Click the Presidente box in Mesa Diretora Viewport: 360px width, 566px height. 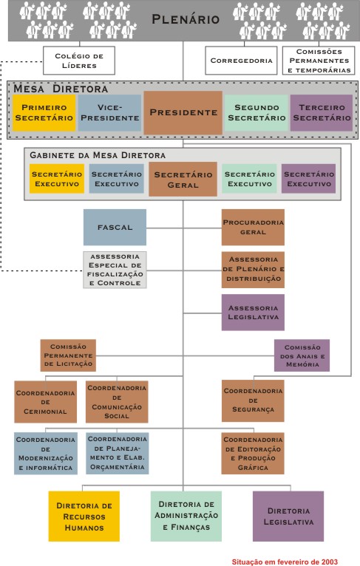point(183,112)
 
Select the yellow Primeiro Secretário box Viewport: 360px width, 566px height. point(44,112)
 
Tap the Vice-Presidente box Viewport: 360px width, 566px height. point(109,112)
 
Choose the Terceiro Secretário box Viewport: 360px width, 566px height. point(322,112)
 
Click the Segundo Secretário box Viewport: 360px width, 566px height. point(257,112)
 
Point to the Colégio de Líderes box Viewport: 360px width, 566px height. point(79,61)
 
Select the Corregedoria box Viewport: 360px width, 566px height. point(241,61)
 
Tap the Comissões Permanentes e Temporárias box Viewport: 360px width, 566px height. point(319,61)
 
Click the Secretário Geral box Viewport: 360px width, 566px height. point(183,180)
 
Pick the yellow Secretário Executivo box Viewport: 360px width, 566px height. point(57,179)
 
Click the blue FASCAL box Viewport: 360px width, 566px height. point(115,228)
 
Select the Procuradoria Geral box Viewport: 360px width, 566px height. point(253,228)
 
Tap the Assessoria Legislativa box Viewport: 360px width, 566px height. point(253,313)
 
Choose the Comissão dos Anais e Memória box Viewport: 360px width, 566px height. point(302,355)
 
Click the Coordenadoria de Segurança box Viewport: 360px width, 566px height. point(253,400)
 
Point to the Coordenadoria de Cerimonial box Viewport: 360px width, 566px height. point(46,402)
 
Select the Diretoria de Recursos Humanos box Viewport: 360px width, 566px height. point(84,516)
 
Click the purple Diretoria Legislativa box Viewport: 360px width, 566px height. point(288,516)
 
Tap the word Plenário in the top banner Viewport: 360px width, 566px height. point(186,19)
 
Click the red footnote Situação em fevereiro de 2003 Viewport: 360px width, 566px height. point(285,562)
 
